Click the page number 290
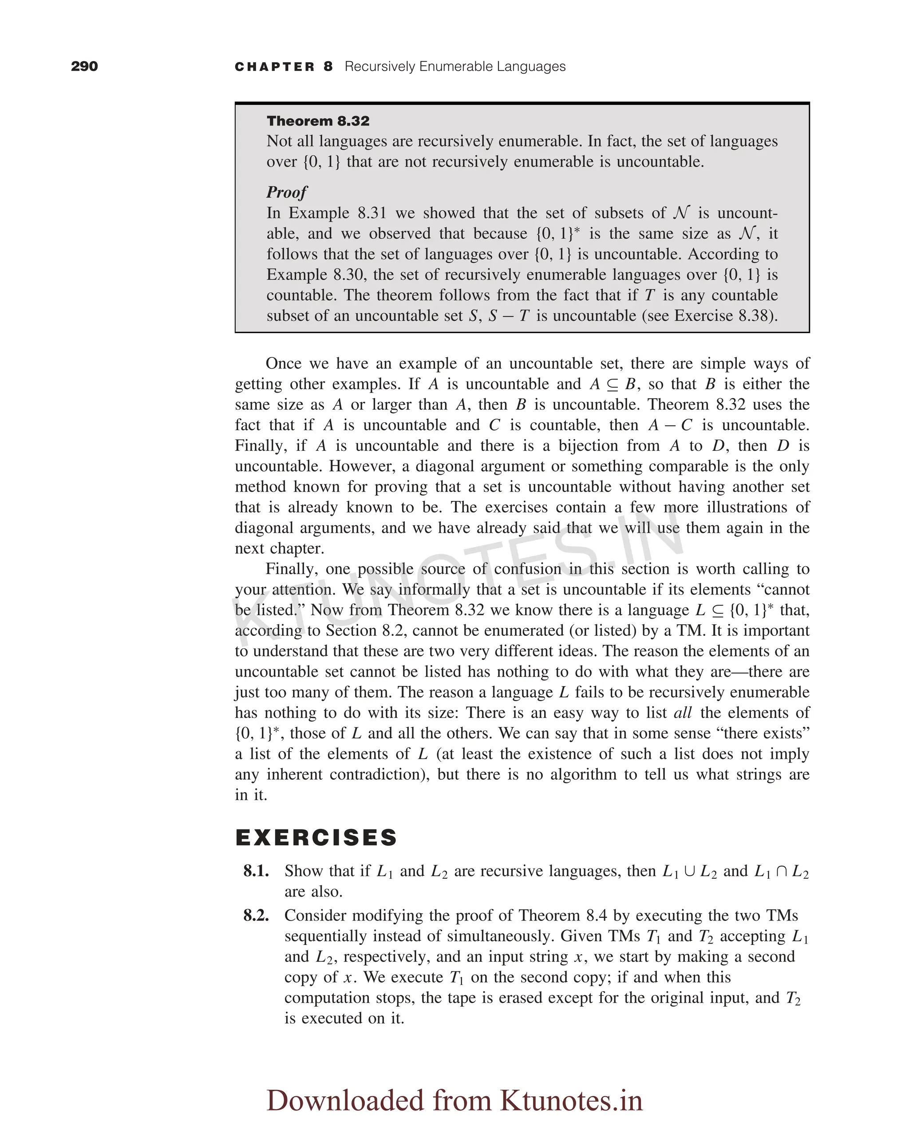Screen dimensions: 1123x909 point(84,67)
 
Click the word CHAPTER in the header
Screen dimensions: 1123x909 point(274,67)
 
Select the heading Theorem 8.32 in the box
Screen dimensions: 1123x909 point(318,121)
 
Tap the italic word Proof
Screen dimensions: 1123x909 point(286,192)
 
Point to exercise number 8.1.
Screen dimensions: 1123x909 point(256,871)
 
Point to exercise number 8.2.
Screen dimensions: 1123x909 point(256,916)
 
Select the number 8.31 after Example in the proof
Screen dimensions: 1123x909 point(372,213)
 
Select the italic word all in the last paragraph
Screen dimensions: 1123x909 point(682,713)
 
